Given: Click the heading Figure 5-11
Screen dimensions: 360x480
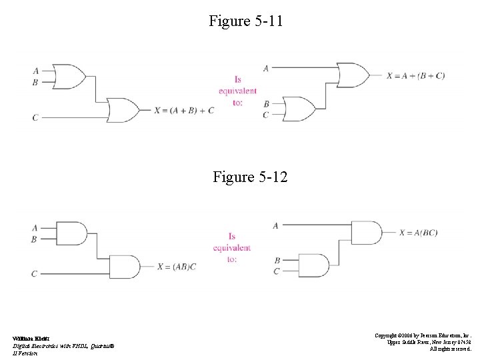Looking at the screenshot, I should [246, 21].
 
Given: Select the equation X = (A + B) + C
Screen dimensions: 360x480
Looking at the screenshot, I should [185, 110].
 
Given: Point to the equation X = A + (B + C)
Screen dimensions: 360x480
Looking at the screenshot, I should [415, 75].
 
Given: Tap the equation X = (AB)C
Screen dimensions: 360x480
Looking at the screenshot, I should [177, 267].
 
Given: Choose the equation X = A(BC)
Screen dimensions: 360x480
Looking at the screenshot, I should [418, 233].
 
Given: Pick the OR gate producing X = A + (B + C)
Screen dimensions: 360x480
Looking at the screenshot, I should [354, 75].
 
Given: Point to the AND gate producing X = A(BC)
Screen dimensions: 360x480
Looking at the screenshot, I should [366, 233].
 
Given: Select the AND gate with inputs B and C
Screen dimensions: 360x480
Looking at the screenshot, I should [315, 265].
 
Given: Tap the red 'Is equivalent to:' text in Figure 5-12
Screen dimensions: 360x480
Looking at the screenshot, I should [232, 247].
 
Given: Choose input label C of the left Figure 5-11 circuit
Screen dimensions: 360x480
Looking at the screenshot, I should [35, 118].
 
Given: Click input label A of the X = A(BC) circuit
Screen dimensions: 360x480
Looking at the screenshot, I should [275, 226].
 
